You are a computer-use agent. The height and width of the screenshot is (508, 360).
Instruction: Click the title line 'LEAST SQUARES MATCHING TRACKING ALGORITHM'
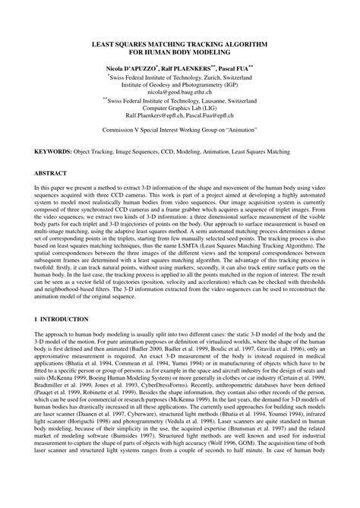[180, 46]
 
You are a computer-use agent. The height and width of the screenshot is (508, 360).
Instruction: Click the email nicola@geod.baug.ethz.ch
[180, 93]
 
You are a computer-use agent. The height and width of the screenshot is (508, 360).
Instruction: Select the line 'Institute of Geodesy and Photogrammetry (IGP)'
[180, 85]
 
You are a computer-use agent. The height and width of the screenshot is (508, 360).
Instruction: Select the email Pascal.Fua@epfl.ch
[208, 116]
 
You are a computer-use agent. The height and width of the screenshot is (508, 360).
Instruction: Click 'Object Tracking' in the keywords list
[93, 152]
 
